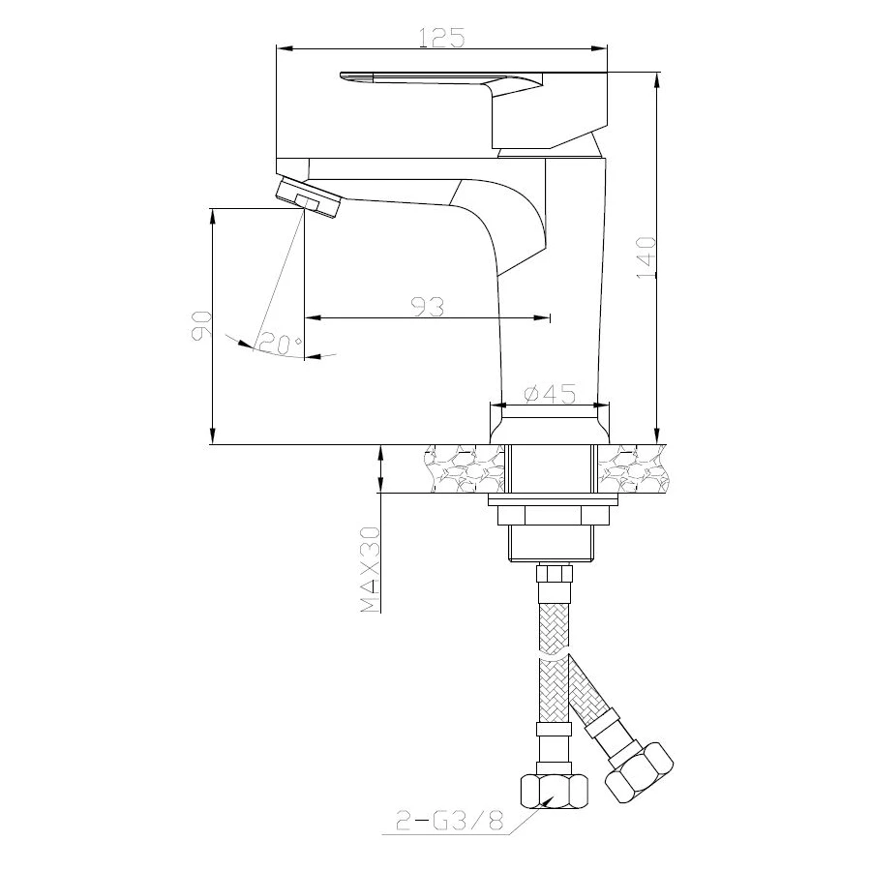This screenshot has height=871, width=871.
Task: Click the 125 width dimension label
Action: [x=440, y=37]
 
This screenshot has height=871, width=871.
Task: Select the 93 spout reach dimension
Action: [x=427, y=307]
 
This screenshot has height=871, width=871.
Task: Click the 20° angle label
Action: [x=282, y=344]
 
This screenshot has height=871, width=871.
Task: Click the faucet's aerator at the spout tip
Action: [x=308, y=197]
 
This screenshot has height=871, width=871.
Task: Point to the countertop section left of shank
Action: [x=464, y=469]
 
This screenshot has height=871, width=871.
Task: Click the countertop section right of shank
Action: [x=632, y=469]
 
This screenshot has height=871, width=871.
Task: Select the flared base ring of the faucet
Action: [x=549, y=424]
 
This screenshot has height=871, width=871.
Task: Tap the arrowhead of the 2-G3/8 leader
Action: [x=548, y=800]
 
